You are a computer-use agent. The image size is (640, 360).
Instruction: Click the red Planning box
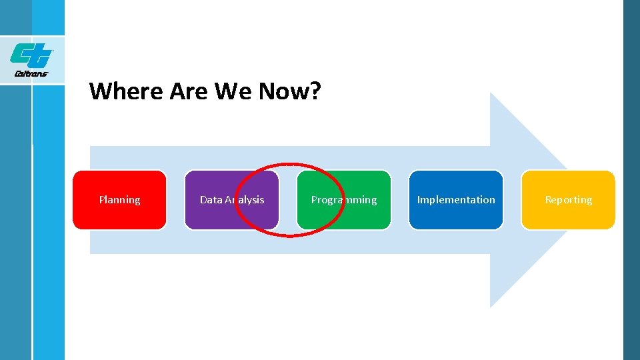[x=119, y=200]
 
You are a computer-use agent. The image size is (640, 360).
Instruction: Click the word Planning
[x=119, y=200]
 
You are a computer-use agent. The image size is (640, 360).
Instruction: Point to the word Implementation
[x=456, y=200]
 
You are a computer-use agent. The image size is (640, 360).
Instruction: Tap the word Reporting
[x=568, y=200]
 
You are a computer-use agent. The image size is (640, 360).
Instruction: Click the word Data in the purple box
[x=211, y=200]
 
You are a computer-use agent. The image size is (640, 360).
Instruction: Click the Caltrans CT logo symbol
[x=31, y=54]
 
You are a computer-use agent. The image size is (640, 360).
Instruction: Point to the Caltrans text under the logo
[x=31, y=73]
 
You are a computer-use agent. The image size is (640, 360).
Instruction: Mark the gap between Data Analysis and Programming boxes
[x=287, y=200]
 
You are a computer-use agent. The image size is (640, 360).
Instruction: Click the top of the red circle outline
[x=290, y=164]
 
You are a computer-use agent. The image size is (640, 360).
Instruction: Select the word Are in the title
[x=189, y=91]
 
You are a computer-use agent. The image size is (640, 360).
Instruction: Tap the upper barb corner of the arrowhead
[x=491, y=93]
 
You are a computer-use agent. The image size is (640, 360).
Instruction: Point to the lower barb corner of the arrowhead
[x=491, y=307]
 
